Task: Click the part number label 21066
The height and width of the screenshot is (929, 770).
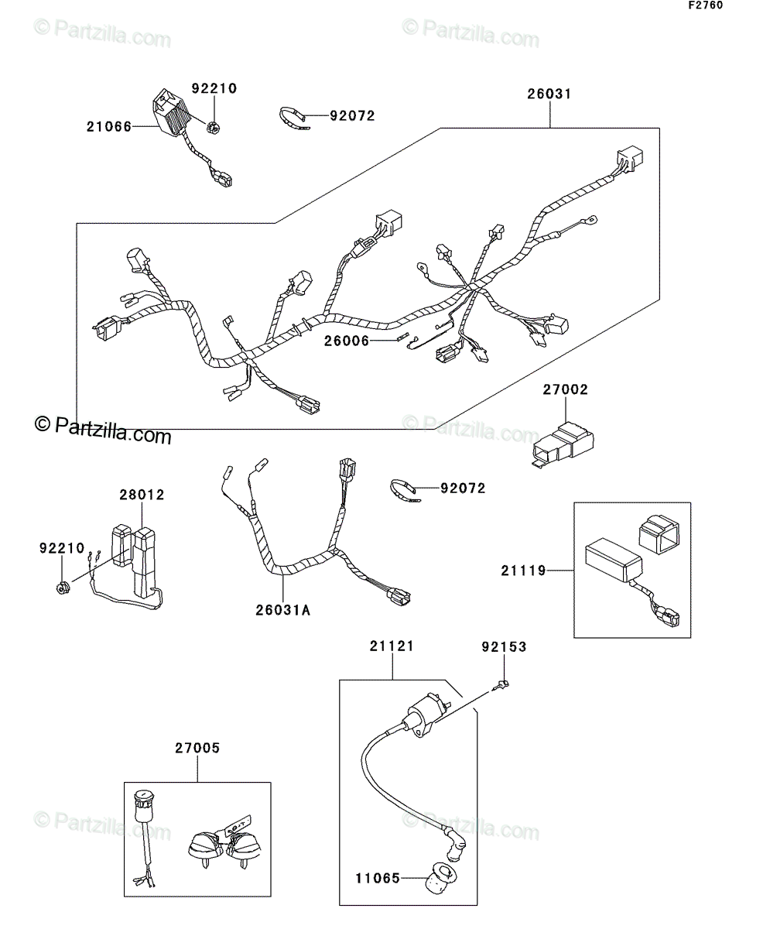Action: coord(109,127)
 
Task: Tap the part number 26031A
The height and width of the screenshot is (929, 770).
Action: coord(282,609)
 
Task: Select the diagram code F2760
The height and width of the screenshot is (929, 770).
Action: coord(706,5)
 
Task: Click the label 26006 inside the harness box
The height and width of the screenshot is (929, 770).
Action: coord(347,341)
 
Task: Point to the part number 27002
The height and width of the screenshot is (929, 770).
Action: coord(566,389)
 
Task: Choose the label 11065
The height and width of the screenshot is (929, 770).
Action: coord(378,878)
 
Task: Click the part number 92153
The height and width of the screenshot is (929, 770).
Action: coord(504,647)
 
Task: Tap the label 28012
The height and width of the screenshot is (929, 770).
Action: coord(142,495)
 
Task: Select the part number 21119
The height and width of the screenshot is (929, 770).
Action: coord(524,571)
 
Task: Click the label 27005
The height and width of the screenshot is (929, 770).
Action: coord(197,748)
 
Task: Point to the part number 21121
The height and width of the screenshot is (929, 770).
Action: coord(392,646)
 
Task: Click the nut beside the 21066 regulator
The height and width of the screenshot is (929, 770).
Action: coord(214,128)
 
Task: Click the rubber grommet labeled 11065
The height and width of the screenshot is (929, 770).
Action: coord(441,877)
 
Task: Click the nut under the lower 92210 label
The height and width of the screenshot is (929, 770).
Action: coord(62,588)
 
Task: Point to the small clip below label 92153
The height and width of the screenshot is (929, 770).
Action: coord(501,686)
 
